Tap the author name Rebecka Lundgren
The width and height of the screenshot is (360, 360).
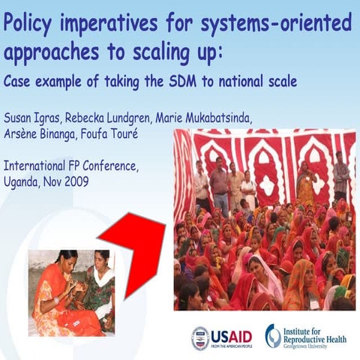tap(109, 121)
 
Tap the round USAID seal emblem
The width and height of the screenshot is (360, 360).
tap(200, 337)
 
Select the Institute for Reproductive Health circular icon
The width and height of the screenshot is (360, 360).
tap(273, 335)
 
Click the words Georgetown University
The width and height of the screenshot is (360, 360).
tap(316, 347)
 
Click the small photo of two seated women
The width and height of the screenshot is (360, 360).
tap(71, 292)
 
